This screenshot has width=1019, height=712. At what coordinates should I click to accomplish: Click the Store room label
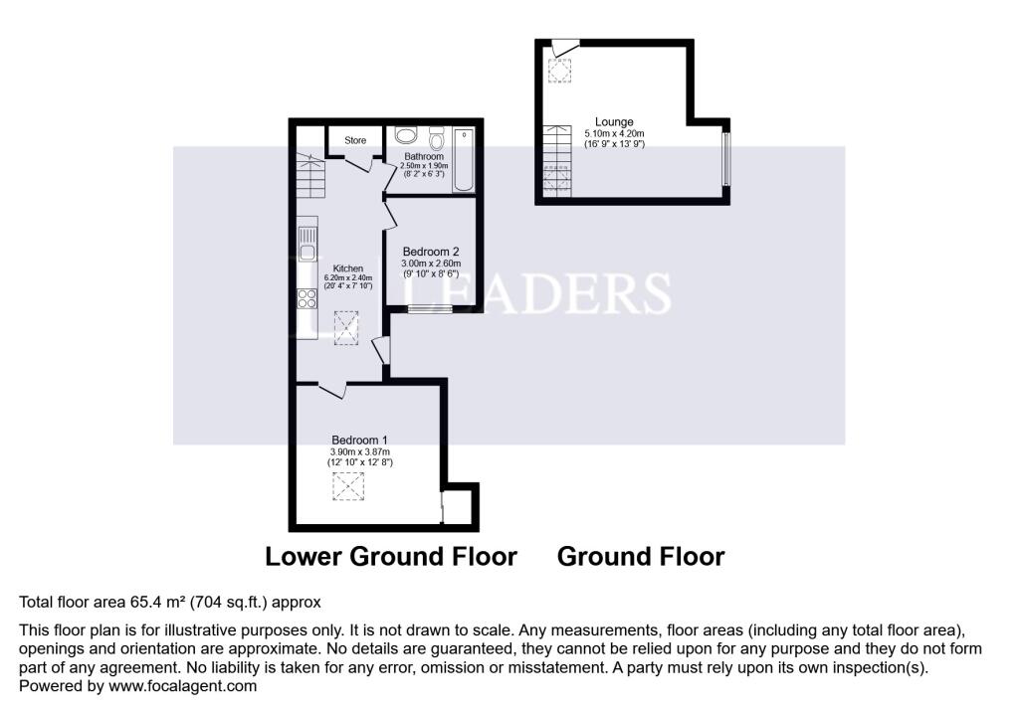[x=355, y=140]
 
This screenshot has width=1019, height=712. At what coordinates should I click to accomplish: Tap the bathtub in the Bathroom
[x=464, y=160]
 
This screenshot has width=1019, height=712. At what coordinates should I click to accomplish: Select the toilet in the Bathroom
[x=437, y=138]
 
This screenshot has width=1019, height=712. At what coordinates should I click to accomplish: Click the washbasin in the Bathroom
[x=406, y=135]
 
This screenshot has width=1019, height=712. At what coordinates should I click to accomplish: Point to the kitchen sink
[x=308, y=244]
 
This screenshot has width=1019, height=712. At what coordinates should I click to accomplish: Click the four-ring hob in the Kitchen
[x=307, y=298]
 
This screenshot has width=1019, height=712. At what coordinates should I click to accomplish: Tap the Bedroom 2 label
[x=431, y=252]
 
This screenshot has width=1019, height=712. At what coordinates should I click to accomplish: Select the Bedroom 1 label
[x=359, y=440]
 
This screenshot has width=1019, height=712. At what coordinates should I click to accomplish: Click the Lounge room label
[x=614, y=121]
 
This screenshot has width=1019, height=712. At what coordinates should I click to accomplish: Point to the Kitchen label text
[x=348, y=268]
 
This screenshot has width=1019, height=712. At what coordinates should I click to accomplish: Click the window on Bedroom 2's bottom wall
[x=430, y=309]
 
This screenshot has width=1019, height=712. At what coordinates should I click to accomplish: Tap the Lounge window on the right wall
[x=726, y=159]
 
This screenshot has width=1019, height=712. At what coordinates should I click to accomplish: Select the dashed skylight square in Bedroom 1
[x=348, y=486]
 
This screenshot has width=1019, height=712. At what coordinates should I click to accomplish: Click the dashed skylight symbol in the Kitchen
[x=345, y=328]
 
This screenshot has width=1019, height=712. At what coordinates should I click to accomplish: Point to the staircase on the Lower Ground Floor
[x=310, y=176]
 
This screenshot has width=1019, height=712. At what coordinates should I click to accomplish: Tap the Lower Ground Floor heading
[x=391, y=557]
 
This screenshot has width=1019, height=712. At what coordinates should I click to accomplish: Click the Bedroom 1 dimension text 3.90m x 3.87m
[x=360, y=452]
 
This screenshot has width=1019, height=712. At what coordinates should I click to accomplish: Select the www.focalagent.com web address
[x=183, y=686]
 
